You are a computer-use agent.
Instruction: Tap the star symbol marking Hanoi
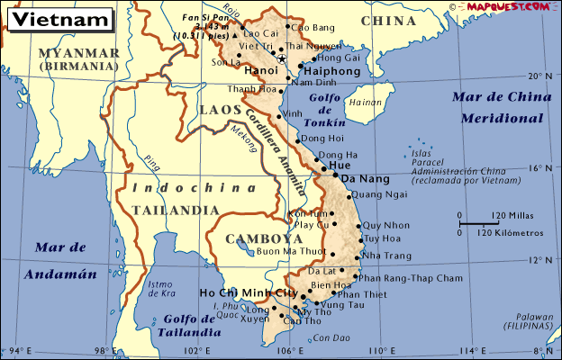[282, 59]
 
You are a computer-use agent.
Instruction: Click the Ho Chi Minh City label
[248, 293]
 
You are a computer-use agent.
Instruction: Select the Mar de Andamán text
[60, 260]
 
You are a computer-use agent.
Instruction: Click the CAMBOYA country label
[264, 238]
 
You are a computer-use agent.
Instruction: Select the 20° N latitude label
[538, 76]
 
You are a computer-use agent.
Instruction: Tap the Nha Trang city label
[388, 256]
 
